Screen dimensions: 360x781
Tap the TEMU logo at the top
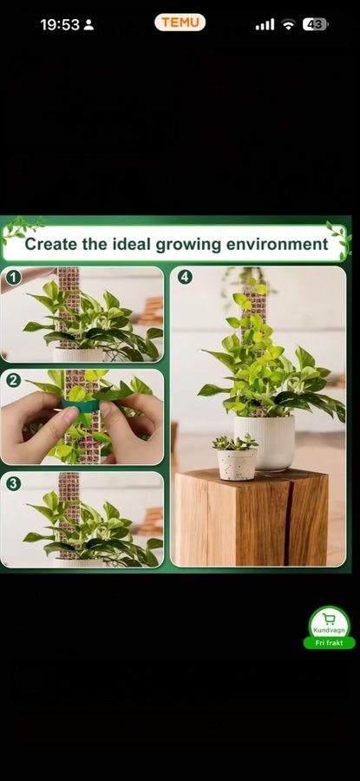click(x=180, y=23)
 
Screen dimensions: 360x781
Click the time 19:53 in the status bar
click(x=60, y=25)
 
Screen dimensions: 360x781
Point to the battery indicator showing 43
click(x=315, y=24)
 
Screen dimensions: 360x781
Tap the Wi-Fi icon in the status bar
click(x=288, y=24)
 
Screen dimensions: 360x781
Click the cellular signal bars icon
click(x=265, y=24)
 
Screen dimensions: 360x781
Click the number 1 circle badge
click(x=13, y=278)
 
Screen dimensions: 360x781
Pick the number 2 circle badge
click(x=13, y=381)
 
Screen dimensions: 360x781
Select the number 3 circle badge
click(x=13, y=483)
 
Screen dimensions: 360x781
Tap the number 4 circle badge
click(x=185, y=278)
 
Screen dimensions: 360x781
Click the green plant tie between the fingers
click(x=82, y=405)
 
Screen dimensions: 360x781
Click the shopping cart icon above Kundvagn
click(x=329, y=619)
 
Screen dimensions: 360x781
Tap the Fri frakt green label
click(x=329, y=643)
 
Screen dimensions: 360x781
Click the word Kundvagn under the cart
click(x=329, y=631)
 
